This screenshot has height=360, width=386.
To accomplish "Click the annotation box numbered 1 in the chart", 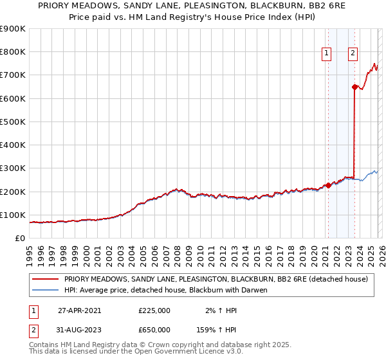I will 327,54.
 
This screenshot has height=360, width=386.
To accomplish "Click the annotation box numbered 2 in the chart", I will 353,54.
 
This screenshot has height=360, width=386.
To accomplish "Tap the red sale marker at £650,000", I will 354,87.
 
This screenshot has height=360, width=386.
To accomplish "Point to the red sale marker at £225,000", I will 327,186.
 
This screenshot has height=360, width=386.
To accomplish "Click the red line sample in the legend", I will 45,279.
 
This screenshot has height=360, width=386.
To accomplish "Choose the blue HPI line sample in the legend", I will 45,290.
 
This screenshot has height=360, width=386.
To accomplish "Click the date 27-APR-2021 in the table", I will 79,310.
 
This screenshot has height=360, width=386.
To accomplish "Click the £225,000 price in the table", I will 154,310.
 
